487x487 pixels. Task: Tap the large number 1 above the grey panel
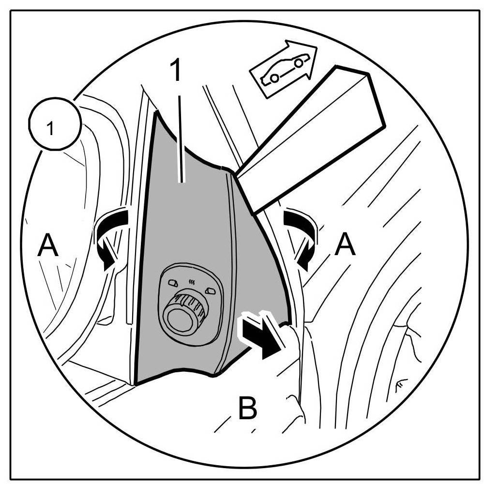(x=177, y=72)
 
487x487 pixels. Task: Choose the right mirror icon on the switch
(x=209, y=289)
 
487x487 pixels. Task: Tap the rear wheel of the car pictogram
(x=274, y=77)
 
